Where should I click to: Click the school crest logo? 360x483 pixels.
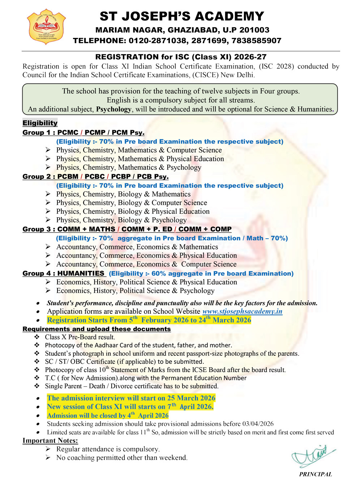click(46, 27)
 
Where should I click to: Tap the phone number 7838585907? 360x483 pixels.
click(256, 40)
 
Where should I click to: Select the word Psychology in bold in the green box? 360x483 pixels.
click(113, 109)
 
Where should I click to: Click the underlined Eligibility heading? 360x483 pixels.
click(40, 123)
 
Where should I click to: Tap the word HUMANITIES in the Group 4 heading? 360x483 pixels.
click(81, 273)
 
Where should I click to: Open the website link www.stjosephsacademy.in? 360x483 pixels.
click(242, 311)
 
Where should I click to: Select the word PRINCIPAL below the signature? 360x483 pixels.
click(316, 474)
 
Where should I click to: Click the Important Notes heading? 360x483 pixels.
click(50, 440)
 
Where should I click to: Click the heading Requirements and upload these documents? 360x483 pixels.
click(97, 329)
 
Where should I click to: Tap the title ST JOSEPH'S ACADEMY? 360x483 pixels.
click(182, 16)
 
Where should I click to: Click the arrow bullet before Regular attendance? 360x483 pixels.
click(48, 449)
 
